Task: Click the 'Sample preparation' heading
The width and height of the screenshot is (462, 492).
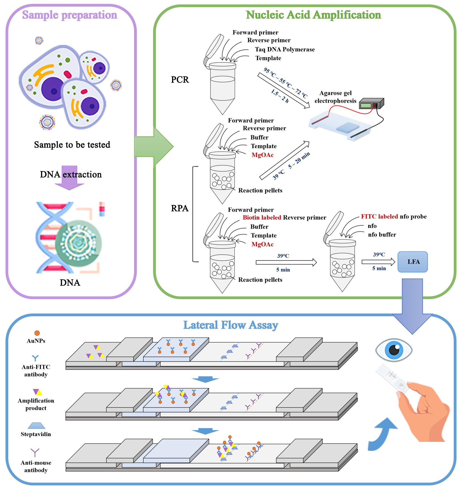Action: (70, 15)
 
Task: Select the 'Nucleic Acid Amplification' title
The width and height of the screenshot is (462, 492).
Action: (313, 15)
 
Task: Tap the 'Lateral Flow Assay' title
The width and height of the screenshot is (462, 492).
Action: (231, 325)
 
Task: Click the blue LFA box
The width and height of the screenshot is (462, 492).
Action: (413, 262)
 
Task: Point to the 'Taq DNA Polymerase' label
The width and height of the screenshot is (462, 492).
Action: (285, 49)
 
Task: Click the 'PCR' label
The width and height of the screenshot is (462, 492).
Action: (180, 80)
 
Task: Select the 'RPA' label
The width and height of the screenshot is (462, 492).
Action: (180, 208)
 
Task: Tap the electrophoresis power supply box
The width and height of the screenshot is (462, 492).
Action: (371, 104)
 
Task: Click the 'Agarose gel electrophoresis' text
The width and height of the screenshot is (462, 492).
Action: (336, 97)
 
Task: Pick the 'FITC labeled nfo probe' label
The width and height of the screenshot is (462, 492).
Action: (394, 217)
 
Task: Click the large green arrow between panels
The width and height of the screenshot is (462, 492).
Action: (154, 147)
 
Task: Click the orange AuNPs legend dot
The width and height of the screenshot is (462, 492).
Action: (37, 333)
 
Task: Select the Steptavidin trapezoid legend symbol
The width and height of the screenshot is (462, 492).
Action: (36, 426)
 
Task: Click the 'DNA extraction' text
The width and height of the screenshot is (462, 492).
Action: (71, 174)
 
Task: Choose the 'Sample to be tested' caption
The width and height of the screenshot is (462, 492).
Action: (72, 145)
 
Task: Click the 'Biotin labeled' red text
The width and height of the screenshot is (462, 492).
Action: (262, 218)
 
